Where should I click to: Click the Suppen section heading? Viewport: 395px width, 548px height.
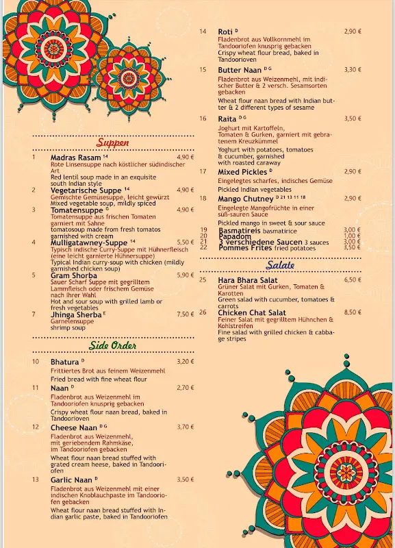point(113,143)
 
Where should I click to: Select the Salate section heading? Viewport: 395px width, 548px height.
point(281,265)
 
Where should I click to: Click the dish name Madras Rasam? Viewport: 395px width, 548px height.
point(75,158)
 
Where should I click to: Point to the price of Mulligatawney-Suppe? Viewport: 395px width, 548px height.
point(186,242)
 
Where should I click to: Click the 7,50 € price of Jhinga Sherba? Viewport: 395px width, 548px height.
point(186,314)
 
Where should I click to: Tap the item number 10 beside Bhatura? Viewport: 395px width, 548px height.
point(36,362)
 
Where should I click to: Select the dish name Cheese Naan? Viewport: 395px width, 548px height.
point(74,427)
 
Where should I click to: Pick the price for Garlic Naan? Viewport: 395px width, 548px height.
point(186,480)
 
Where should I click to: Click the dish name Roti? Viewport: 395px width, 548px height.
point(225,32)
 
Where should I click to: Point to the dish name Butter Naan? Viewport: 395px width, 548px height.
point(240,70)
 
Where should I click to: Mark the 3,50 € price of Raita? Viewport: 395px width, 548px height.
point(353,119)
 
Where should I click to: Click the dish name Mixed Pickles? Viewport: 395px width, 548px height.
point(243,172)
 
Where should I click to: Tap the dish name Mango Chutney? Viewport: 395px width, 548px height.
point(245,199)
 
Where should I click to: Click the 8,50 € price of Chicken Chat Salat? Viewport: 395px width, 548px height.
point(353,312)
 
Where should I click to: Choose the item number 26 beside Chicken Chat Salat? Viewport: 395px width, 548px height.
point(203,312)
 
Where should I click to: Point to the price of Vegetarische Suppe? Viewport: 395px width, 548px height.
point(186,190)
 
